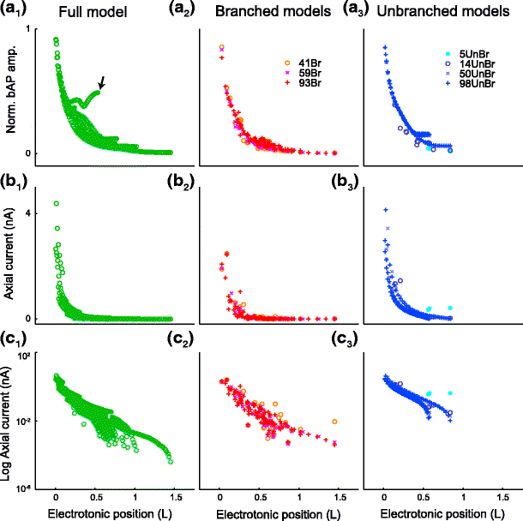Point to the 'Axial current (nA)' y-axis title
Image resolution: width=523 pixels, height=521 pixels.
coord(10,262)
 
